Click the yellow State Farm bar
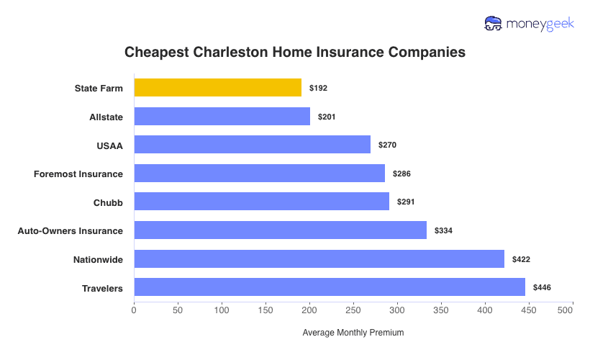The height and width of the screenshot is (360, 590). (x=217, y=88)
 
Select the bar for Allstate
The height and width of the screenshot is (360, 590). (x=222, y=117)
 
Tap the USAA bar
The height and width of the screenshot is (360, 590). (x=252, y=145)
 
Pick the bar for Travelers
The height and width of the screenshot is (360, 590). (x=329, y=288)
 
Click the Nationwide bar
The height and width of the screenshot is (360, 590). (x=319, y=259)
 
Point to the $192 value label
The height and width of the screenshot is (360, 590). (x=318, y=88)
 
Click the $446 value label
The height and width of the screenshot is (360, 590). (x=542, y=288)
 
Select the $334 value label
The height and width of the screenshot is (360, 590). (x=443, y=231)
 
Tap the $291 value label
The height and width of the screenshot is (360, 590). (x=406, y=202)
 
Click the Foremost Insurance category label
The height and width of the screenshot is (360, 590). (x=78, y=174)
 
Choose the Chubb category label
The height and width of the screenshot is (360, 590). (x=108, y=202)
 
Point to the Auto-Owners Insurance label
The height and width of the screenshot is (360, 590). (x=70, y=231)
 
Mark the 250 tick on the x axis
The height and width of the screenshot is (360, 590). (x=353, y=310)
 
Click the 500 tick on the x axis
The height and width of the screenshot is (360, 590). (x=565, y=310)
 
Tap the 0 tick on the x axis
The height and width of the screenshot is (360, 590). (x=134, y=310)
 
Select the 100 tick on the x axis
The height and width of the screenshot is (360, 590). (x=221, y=310)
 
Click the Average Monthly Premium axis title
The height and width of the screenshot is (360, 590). (x=353, y=333)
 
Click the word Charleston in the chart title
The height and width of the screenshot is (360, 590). (x=230, y=53)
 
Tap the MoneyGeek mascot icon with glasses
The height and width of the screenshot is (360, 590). (x=494, y=24)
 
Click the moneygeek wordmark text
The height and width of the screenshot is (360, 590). (x=540, y=24)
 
